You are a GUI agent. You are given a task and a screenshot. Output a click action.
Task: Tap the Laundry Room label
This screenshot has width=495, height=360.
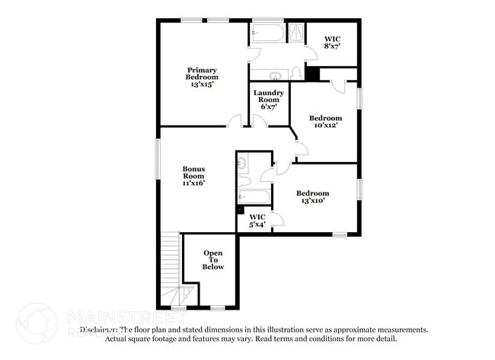269,97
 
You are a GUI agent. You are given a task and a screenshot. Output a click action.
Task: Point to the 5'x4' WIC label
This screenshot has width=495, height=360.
258,220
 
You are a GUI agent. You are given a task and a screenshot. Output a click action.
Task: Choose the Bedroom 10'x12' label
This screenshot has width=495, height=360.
325,122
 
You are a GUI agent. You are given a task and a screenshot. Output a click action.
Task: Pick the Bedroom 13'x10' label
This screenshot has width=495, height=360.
312,197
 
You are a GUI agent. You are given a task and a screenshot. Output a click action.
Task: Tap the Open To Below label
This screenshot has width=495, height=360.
213,260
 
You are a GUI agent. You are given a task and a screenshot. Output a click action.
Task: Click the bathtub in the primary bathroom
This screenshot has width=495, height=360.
267,34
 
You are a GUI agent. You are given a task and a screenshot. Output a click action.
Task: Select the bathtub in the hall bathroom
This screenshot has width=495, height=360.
252,197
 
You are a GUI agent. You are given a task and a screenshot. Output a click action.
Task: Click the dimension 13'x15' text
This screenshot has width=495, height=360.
203,84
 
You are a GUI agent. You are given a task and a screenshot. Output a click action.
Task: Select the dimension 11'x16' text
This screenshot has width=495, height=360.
193,183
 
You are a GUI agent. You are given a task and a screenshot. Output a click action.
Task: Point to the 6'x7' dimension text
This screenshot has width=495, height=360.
269,107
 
